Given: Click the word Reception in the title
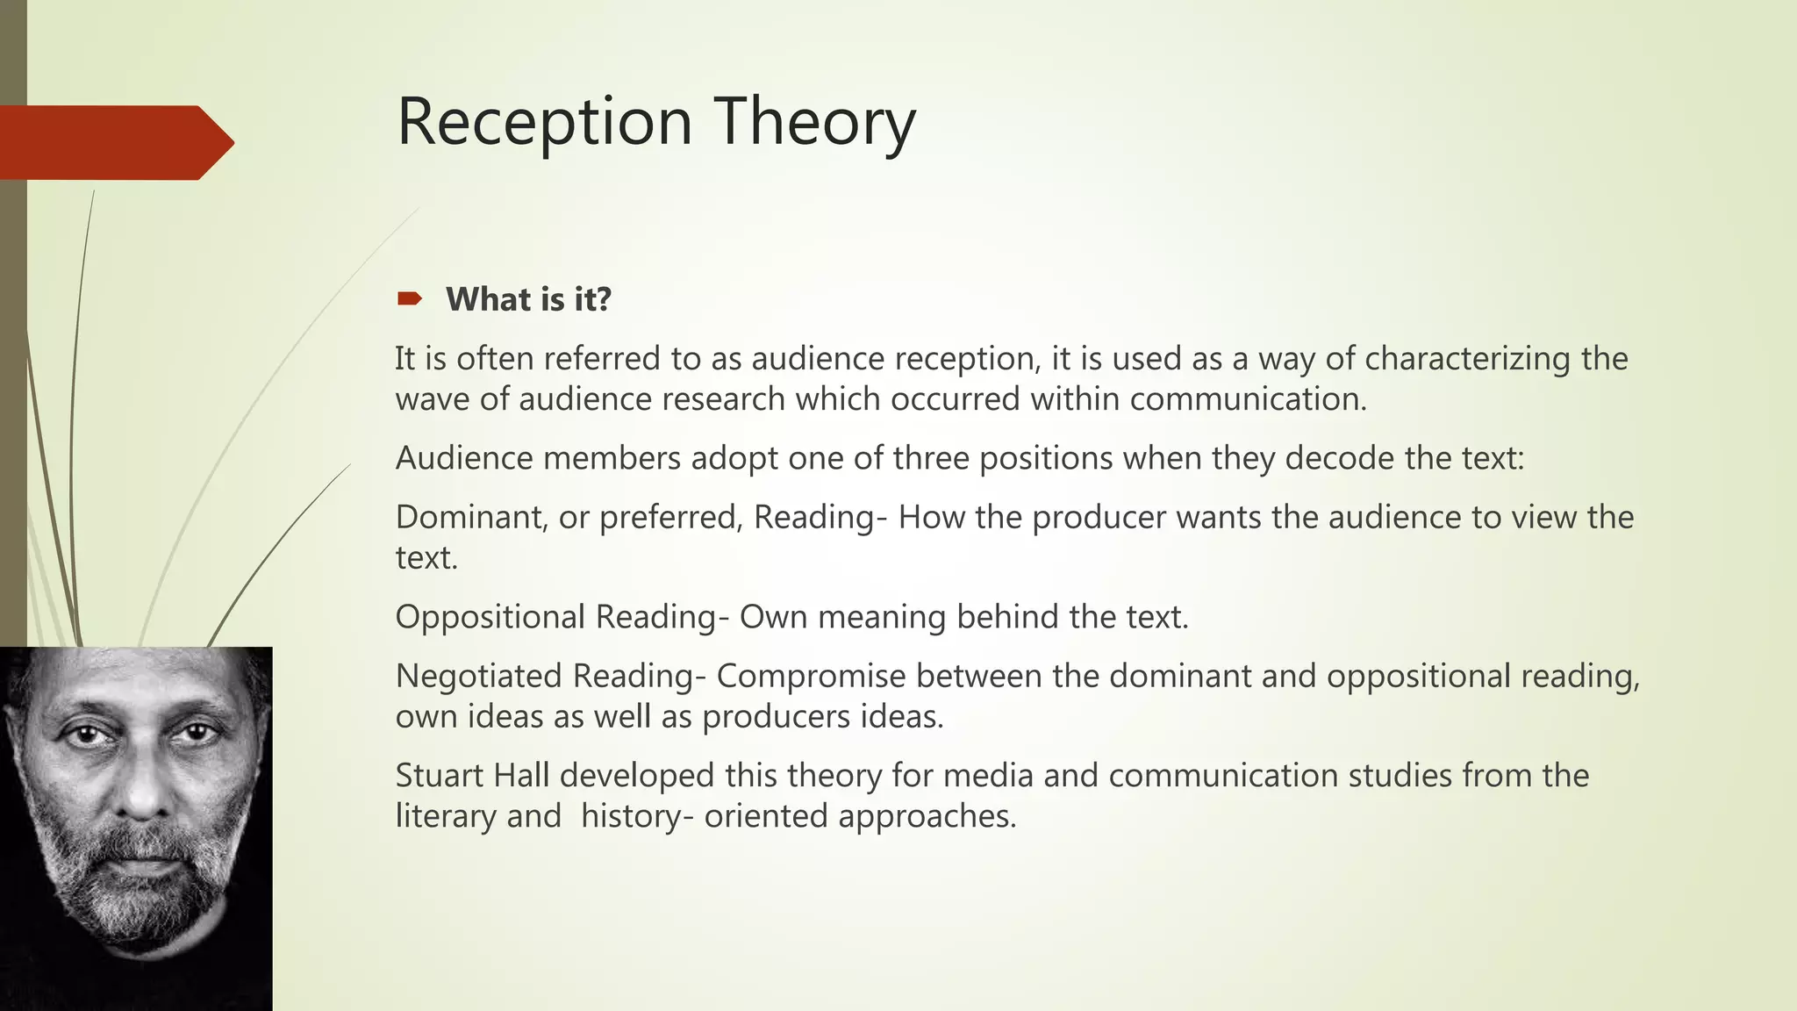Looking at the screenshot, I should coord(545,122).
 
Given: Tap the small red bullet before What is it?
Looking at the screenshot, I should coord(409,299).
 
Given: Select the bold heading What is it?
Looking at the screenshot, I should coord(528,299).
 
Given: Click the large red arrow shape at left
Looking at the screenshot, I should coord(114,142).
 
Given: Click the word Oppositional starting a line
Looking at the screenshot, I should coord(490,617).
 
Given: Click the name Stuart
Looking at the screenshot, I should coord(440,776).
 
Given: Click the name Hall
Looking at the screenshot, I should coord(522,776).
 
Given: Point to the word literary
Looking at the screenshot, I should coord(446,816).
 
